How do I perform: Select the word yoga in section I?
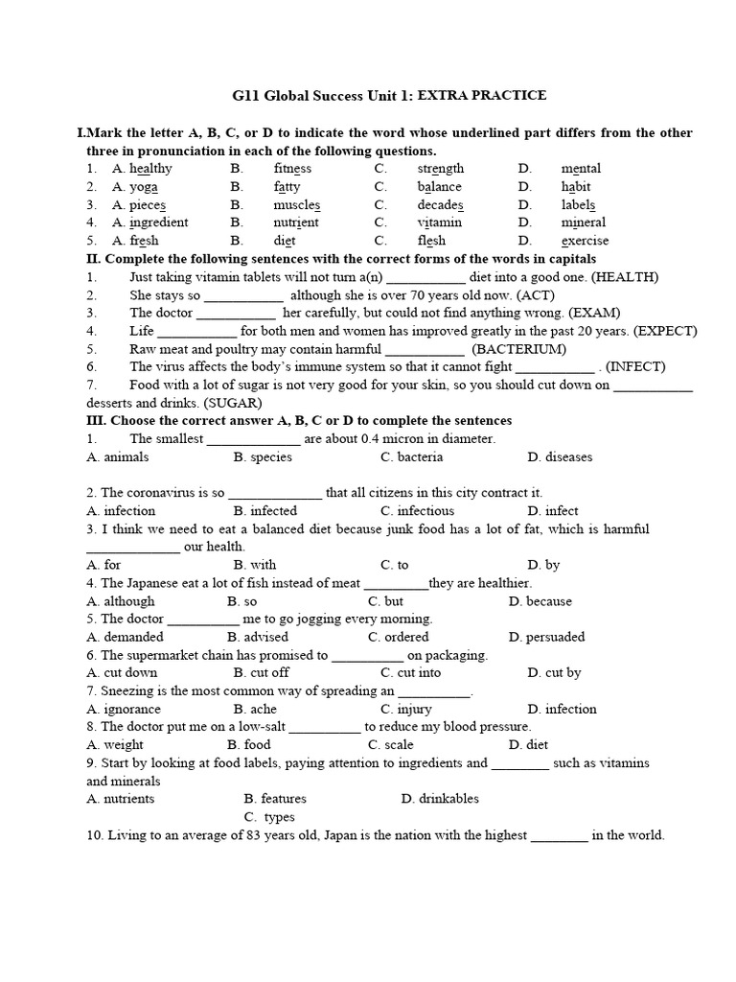coord(144,187)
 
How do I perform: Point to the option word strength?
coord(440,169)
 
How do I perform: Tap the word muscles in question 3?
coord(296,205)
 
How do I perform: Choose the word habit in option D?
coord(576,187)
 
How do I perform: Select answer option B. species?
coord(263,457)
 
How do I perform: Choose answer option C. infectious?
coord(417,511)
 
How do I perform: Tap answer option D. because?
coord(540,601)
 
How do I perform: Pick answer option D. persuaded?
coord(547,637)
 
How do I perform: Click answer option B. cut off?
coord(262,672)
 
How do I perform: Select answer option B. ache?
coord(254,709)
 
